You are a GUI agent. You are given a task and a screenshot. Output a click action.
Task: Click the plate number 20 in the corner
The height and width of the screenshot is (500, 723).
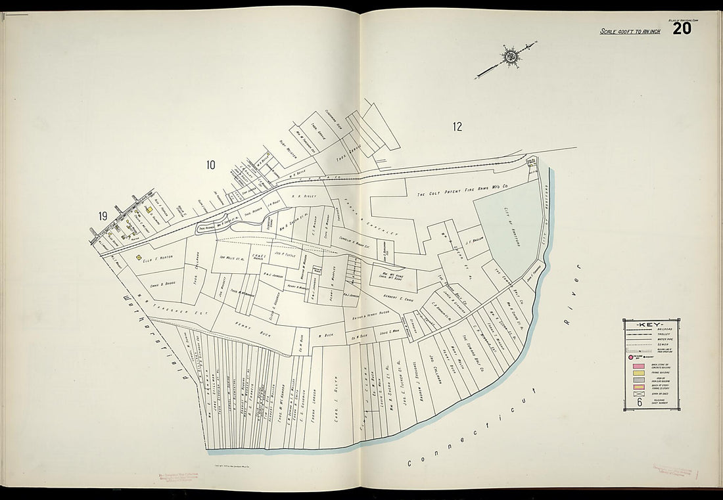click(x=682, y=28)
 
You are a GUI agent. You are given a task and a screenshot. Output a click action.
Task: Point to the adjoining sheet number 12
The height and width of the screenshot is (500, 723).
click(x=457, y=127)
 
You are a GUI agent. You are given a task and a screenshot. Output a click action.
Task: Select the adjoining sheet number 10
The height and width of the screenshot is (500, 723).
click(x=210, y=165)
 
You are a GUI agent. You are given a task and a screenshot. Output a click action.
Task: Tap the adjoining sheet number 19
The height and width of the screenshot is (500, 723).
click(x=103, y=216)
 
